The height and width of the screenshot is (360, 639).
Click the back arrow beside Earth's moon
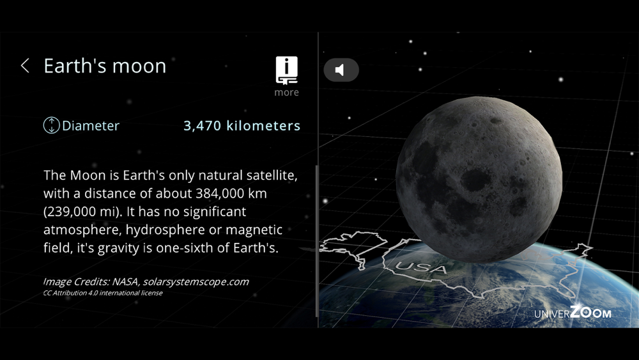(26, 66)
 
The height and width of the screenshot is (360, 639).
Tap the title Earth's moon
(105, 66)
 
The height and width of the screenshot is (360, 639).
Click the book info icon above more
(286, 70)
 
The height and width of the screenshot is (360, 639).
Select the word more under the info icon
(286, 93)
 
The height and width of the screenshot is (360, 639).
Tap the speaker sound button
(341, 70)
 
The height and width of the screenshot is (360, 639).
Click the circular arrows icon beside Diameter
(51, 125)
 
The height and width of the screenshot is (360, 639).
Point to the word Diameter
(91, 125)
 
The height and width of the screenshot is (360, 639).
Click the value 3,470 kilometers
(242, 125)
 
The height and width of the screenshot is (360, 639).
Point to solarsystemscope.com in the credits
(196, 282)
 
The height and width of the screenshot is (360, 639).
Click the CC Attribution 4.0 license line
(103, 293)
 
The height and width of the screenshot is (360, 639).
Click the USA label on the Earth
(421, 267)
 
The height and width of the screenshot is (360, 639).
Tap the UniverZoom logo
(573, 313)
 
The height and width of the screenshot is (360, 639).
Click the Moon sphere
(479, 180)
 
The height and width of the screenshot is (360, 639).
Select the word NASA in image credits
(126, 282)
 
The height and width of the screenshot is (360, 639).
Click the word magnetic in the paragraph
(254, 230)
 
